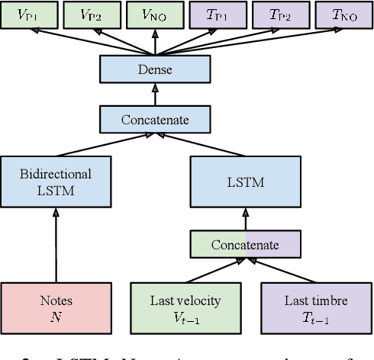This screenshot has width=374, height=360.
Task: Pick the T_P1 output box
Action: coord(217,14)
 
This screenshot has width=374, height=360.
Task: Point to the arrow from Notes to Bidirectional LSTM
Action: coord(56,244)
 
